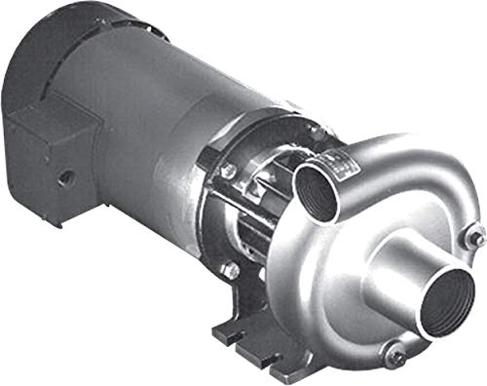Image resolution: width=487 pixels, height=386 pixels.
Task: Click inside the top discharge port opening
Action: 320,187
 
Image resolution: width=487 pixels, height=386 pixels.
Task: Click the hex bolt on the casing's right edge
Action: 474,236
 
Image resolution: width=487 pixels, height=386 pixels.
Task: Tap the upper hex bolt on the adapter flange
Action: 229,173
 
